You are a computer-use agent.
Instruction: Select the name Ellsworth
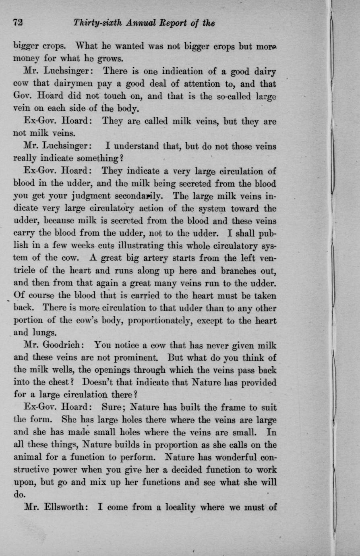click(x=65, y=506)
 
